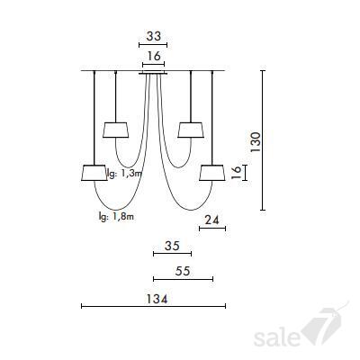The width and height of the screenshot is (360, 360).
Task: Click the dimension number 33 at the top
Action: (154, 36)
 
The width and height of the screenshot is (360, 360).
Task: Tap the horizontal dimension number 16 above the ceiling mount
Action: (154, 56)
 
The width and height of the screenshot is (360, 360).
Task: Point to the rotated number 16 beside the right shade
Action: (237, 173)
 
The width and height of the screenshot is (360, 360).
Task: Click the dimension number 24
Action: (212, 220)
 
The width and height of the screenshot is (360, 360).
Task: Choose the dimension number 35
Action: (172, 246)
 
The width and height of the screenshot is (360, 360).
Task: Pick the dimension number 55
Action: (183, 271)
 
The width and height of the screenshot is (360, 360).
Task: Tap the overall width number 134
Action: (157, 299)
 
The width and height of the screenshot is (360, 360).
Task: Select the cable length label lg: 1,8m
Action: (116, 216)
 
